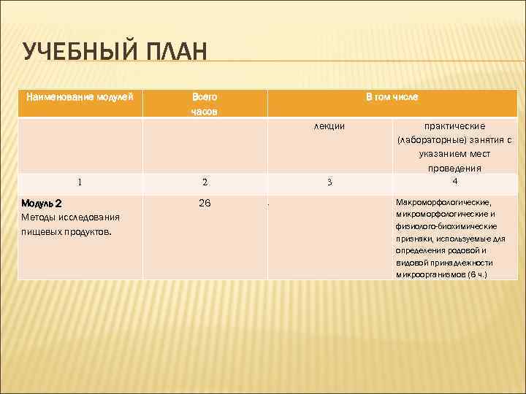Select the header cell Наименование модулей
coord(80,97)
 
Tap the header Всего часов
coord(205,104)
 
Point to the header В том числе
coord(392,96)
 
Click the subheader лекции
coord(329,126)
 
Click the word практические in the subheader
coord(454,126)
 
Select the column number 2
coord(205,182)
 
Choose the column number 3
coord(329,182)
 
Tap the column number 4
coord(454,181)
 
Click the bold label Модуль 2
coord(42,204)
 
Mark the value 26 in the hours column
coord(205,203)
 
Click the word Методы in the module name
coord(37,217)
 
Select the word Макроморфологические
coord(443,201)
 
